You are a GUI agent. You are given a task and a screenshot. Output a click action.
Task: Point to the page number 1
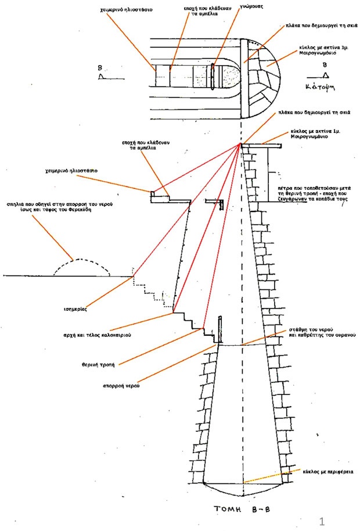(x=321, y=519)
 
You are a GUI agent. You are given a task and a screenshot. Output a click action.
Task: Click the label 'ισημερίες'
(x=75, y=310)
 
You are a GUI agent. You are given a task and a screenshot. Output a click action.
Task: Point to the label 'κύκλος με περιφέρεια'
(x=326, y=472)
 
